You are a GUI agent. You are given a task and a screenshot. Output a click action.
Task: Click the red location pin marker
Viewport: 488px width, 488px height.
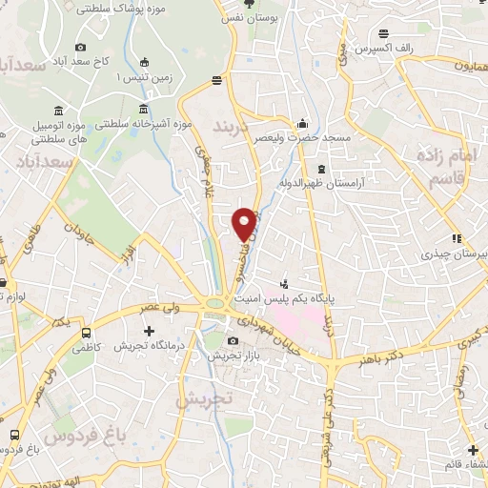[245, 224]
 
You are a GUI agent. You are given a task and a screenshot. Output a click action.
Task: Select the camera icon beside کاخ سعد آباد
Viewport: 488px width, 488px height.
[80, 47]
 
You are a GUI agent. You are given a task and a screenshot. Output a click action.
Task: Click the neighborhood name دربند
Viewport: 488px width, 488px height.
[234, 127]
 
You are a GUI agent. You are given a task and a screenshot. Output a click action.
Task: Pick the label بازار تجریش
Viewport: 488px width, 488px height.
[235, 355]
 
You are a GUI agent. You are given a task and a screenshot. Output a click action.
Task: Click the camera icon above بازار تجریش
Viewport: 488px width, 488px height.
[234, 340]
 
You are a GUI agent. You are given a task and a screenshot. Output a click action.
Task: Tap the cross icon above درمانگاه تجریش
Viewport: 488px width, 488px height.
[148, 331]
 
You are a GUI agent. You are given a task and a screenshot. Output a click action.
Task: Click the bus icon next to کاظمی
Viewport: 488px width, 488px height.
[87, 334]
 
